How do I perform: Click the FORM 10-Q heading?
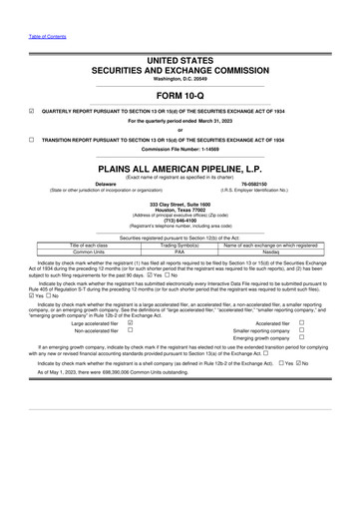tap(180, 95)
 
